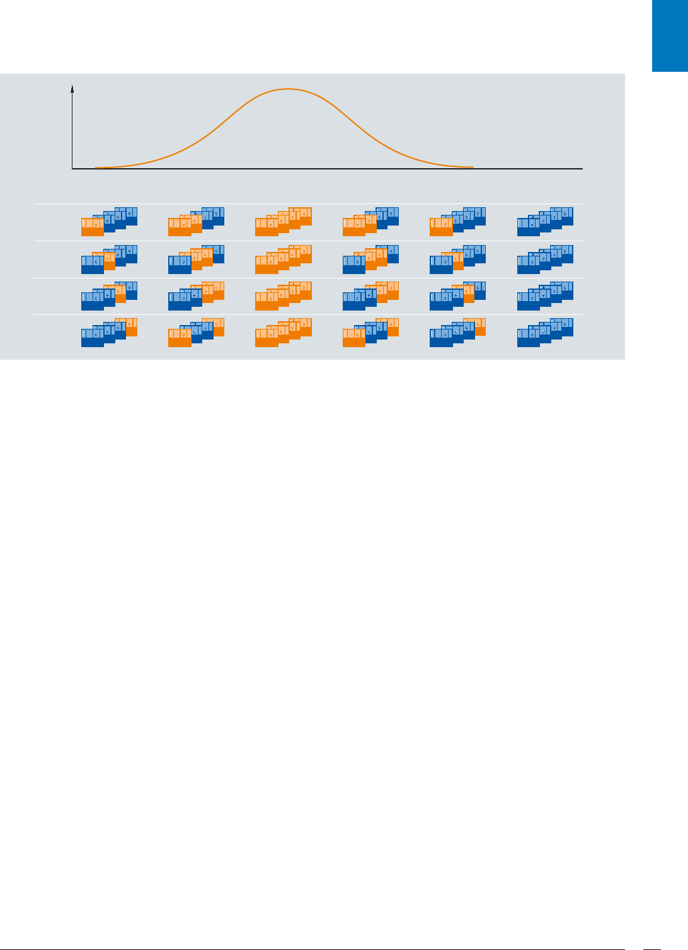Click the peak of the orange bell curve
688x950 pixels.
(x=288, y=89)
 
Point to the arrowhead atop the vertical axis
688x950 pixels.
(x=72, y=89)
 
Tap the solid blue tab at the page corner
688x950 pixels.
(x=670, y=36)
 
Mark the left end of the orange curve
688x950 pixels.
(x=96, y=168)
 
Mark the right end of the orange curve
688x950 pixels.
(x=473, y=167)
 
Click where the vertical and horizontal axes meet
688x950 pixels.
(x=72, y=169)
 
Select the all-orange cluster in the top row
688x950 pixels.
(x=283, y=222)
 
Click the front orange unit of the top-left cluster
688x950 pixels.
(x=93, y=227)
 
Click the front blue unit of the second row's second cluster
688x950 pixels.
(x=180, y=265)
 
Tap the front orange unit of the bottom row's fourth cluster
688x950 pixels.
(x=353, y=338)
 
